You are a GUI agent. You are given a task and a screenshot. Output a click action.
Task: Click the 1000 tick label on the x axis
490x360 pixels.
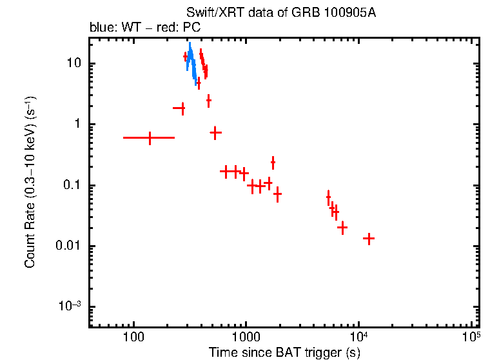[x=246, y=337]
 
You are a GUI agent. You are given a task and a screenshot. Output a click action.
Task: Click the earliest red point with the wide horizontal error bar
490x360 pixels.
[x=150, y=137]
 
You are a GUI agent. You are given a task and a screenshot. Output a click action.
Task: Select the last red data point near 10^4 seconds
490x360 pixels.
[x=369, y=239]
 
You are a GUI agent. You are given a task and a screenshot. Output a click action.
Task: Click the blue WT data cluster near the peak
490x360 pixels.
[x=191, y=58]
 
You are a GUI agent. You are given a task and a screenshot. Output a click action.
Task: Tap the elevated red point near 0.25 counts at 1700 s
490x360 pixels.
[x=273, y=163]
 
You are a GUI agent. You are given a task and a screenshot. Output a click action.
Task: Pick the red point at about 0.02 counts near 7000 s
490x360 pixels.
[x=342, y=227]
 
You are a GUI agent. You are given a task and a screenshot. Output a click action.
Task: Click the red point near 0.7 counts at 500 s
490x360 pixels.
[x=215, y=132]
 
